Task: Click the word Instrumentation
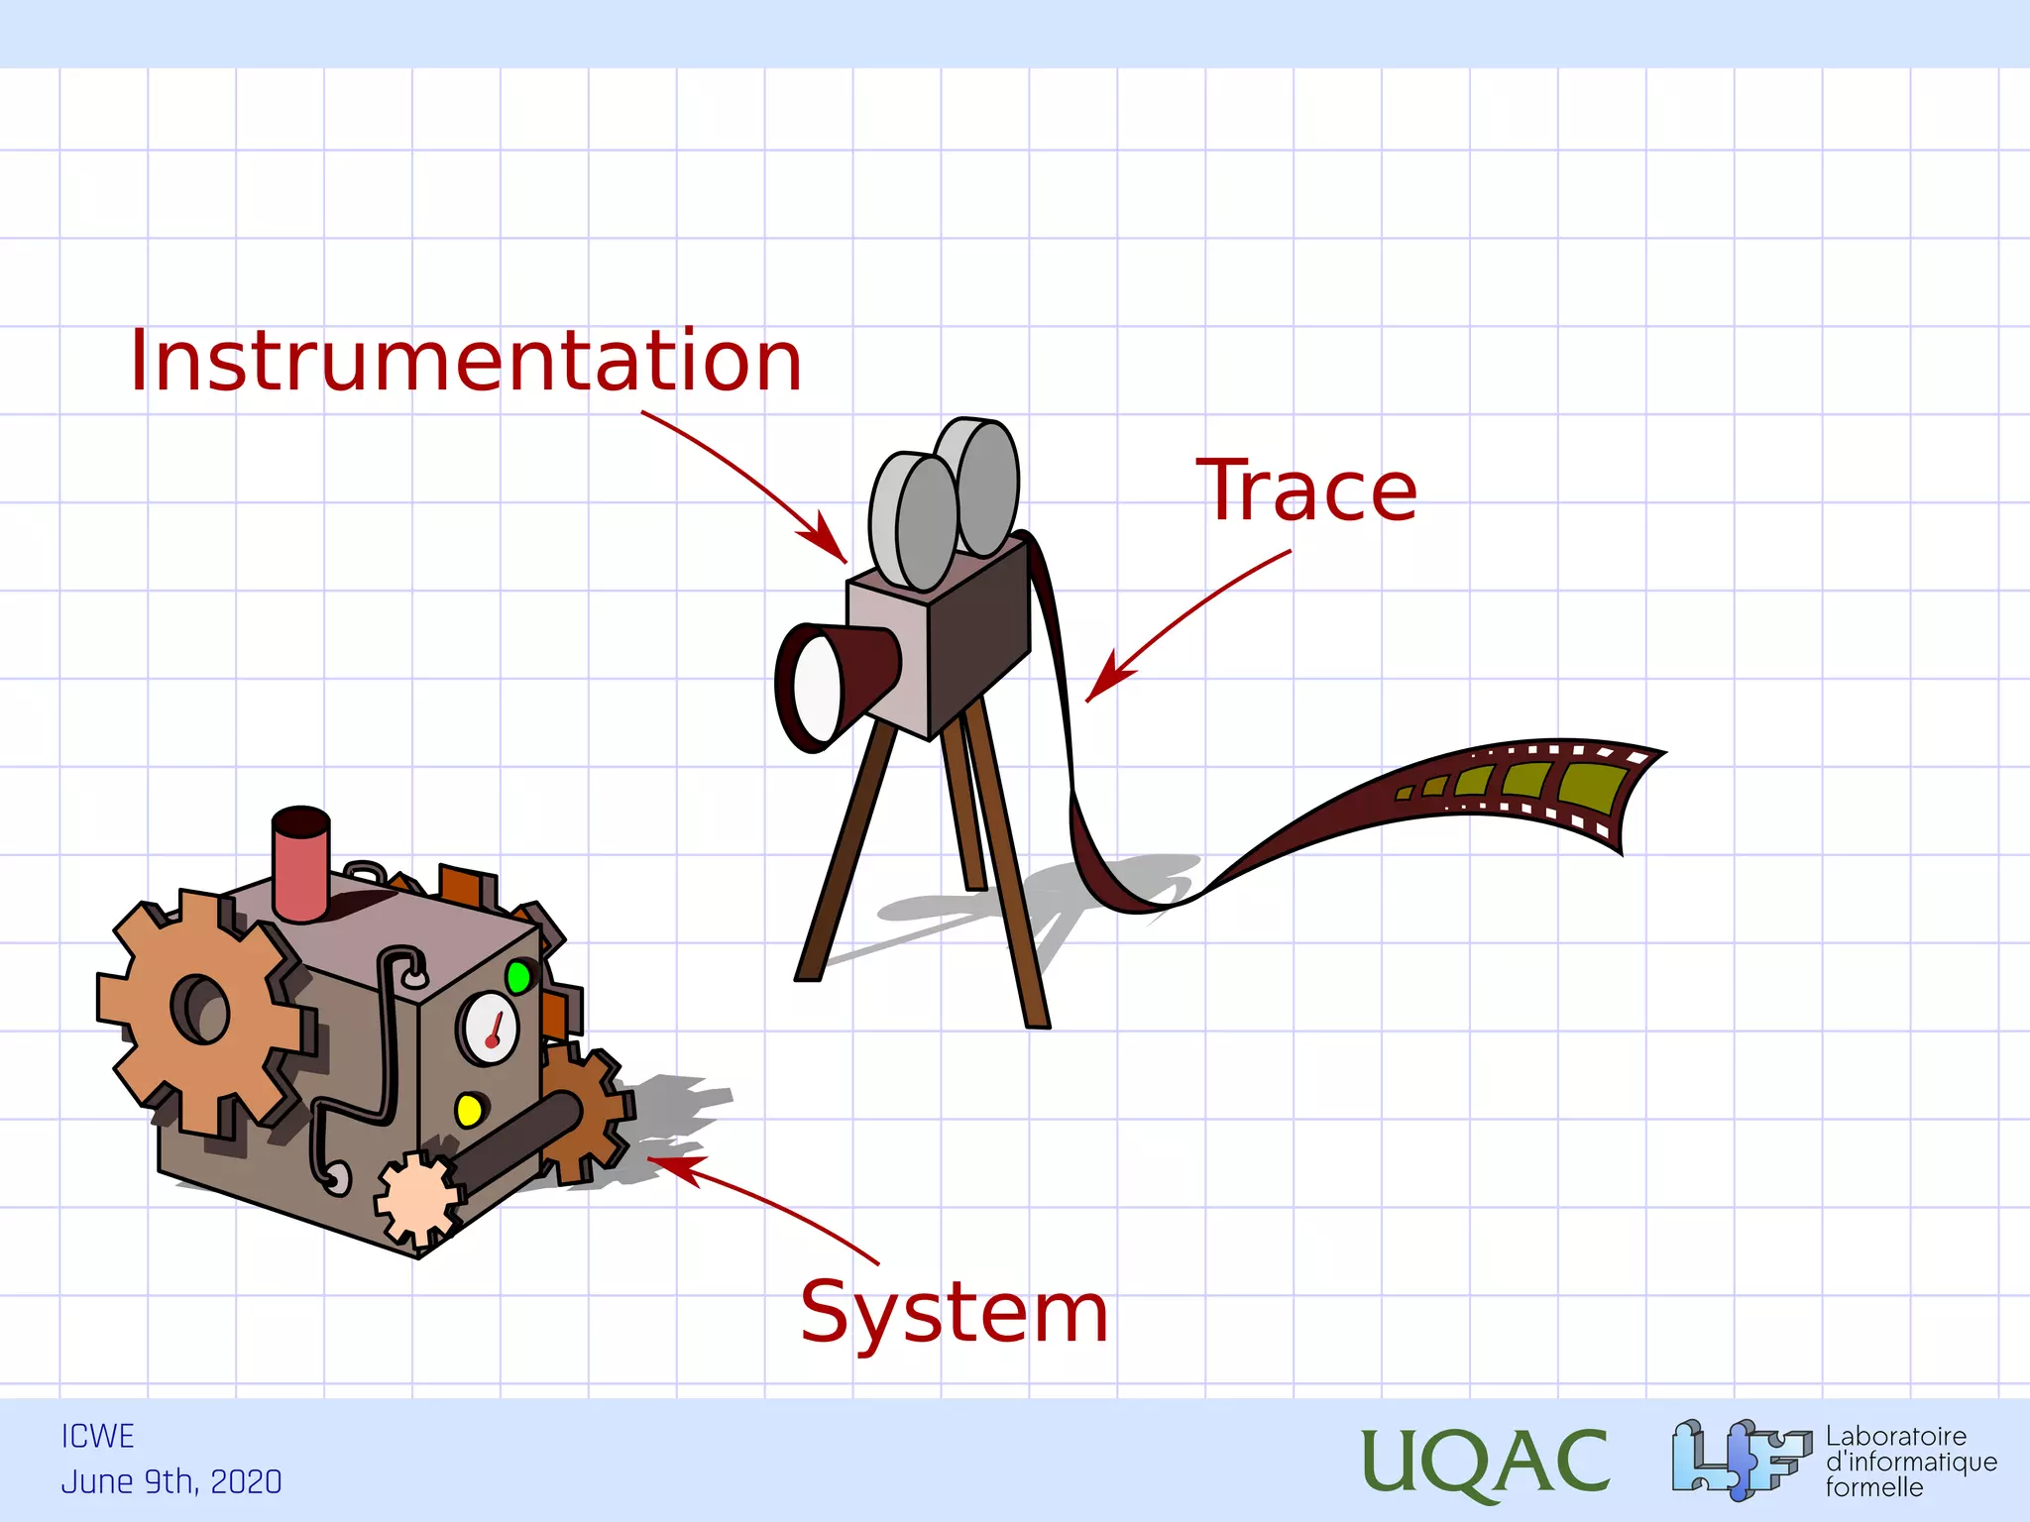pos(465,361)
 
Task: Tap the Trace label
pos(1307,491)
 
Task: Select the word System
pos(954,1312)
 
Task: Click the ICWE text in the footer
pos(97,1437)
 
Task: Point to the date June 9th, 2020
pos(171,1482)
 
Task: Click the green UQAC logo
pos(1484,1462)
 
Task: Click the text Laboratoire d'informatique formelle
pos(1910,1462)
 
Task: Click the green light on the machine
pos(517,977)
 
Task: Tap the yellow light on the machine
pos(468,1109)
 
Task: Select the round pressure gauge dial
pos(488,1028)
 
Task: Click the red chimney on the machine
pos(301,863)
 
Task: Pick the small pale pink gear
pos(419,1199)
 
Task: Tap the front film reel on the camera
pos(914,522)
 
